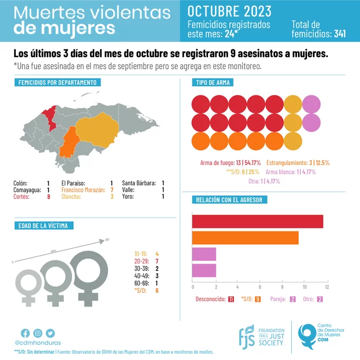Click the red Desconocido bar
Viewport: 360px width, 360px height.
[257, 222]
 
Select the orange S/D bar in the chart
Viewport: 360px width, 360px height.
[245, 238]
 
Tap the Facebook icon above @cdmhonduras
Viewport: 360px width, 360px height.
[25, 333]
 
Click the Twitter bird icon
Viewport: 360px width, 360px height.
[50, 333]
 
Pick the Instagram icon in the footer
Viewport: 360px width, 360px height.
[38, 333]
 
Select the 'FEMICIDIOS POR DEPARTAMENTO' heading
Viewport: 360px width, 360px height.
[57, 83]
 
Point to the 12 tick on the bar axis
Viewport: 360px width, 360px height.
[327, 287]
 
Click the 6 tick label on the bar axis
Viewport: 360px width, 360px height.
[259, 287]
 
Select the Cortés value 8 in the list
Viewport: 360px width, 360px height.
[48, 197]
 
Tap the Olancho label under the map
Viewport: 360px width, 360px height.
[71, 197]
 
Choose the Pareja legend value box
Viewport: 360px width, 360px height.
[293, 299]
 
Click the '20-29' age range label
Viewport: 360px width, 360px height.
[140, 262]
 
